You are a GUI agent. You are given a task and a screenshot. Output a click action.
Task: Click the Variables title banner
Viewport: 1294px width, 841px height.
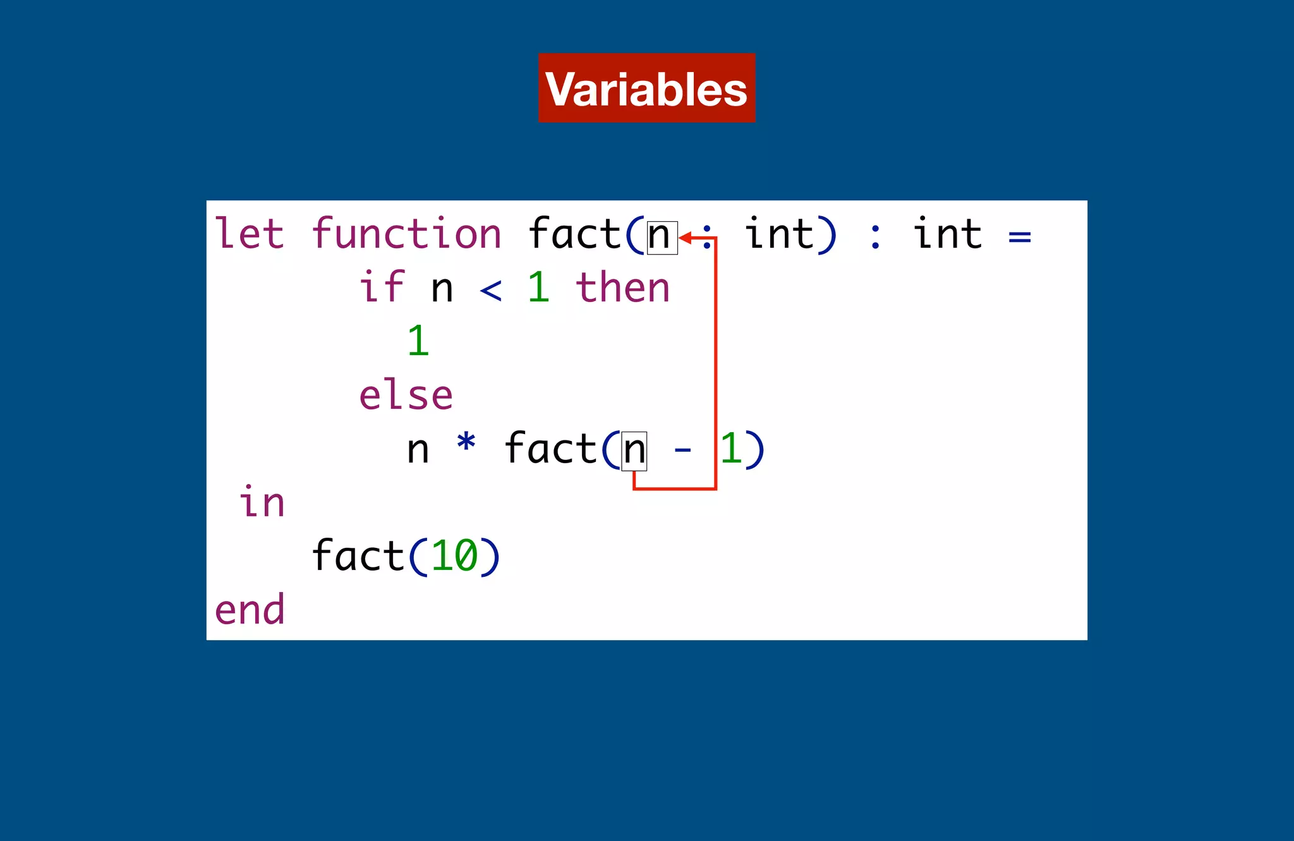646,88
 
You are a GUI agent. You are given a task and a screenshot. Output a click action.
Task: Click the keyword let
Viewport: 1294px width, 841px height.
249,234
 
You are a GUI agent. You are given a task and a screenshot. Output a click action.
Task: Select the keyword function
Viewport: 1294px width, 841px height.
406,234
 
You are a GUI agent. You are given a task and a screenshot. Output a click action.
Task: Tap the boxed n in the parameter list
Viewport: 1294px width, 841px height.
662,237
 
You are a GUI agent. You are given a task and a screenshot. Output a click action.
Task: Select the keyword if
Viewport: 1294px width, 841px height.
382,287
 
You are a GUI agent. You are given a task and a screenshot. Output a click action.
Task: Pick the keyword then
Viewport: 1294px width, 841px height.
622,287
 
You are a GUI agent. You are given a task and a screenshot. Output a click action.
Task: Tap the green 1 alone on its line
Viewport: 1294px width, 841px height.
418,341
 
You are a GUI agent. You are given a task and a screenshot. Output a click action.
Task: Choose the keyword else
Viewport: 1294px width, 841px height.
406,396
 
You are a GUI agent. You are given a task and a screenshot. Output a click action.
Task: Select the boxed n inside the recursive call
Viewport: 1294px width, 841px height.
634,451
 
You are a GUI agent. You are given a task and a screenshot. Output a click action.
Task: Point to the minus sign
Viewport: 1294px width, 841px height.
682,450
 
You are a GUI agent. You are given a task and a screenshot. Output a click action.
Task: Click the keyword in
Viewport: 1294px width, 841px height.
262,502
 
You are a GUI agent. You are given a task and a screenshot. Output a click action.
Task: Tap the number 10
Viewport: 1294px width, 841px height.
454,556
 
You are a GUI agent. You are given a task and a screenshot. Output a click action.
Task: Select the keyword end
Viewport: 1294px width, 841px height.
250,610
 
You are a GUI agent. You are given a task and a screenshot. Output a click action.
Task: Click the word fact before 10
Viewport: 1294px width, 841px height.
358,556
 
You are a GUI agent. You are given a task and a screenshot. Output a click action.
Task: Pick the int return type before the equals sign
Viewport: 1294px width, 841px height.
947,234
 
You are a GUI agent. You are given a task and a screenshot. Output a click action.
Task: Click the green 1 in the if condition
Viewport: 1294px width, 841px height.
538,287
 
